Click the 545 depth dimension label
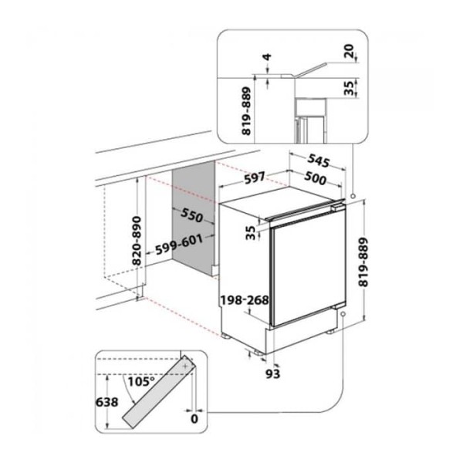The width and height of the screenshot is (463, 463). pos(318,161)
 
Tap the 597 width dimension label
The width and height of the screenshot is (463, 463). pos(255,178)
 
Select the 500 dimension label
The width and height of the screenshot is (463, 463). pos(316,178)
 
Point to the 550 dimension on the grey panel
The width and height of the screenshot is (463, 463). pos(192,215)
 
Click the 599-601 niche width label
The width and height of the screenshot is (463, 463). pos(179,245)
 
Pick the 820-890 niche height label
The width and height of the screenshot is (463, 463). pos(137,241)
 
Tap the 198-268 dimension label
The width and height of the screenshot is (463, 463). pos(245,300)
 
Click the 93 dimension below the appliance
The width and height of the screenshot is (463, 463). pos(272,373)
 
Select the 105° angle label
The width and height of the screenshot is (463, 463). pos(141,382)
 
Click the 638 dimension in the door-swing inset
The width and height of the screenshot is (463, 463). pos(107,402)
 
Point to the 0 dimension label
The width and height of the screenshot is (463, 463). pos(194,419)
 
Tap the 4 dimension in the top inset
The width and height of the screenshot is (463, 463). pos(267,57)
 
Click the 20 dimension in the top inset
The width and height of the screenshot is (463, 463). pos(350,51)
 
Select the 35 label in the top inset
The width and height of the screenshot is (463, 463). pos(350,88)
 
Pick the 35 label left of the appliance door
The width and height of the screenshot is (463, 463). pos(251,233)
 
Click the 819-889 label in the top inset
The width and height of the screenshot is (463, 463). pos(246,110)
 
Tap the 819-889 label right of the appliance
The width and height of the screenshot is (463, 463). pos(363,262)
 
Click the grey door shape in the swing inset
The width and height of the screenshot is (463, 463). pos(159,391)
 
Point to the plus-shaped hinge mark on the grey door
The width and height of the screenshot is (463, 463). pos(185,366)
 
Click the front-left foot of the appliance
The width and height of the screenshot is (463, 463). pos(226,336)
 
